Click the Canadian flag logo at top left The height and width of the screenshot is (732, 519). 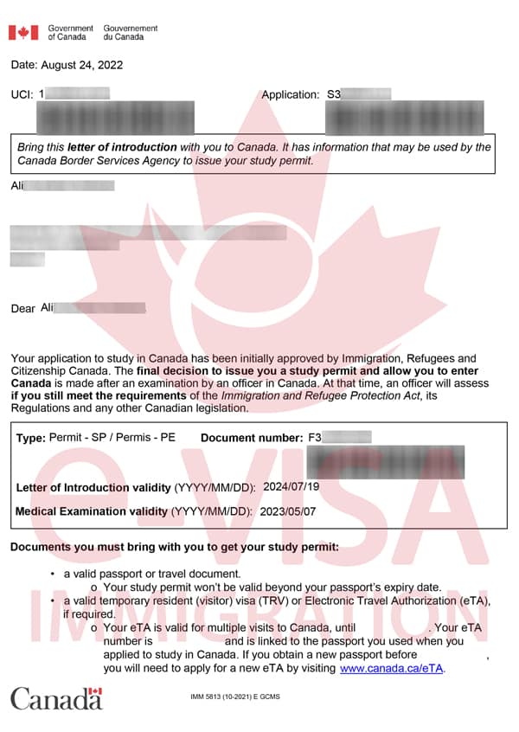(x=23, y=33)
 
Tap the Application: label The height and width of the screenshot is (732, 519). (x=291, y=94)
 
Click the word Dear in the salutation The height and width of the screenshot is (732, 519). (x=22, y=309)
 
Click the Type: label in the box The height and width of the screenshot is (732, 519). (x=31, y=438)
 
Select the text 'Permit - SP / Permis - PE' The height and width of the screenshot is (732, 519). (x=112, y=438)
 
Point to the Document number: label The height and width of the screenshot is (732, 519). (x=252, y=438)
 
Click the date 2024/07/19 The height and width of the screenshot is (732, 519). (x=291, y=487)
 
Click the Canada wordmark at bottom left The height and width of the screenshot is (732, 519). (x=56, y=698)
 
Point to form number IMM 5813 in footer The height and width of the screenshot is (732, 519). (x=209, y=697)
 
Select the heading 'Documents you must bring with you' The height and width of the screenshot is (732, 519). (x=174, y=547)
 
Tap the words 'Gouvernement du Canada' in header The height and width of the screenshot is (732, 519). (x=131, y=33)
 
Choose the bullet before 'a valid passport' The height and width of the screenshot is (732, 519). (x=54, y=574)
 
